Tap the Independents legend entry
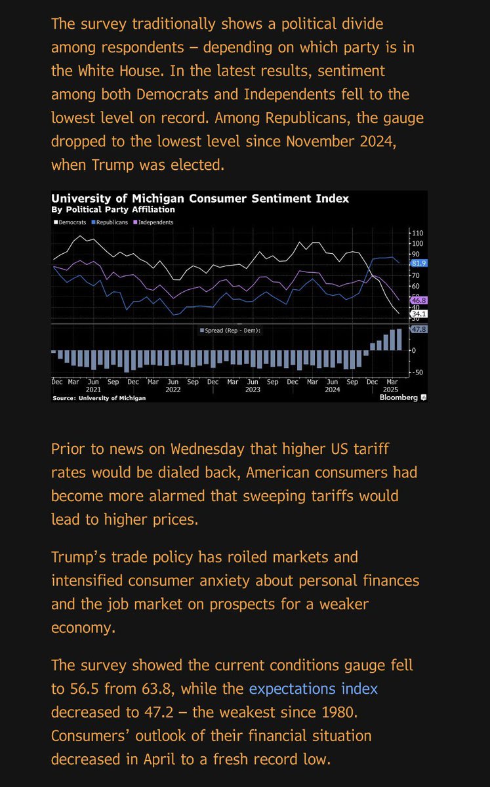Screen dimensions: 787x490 click(155, 222)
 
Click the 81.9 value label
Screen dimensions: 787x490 click(419, 263)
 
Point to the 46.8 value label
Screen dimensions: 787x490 click(419, 300)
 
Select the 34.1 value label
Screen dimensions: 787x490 click(419, 313)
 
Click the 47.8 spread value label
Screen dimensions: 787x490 click(419, 329)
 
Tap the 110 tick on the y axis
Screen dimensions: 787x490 click(418, 233)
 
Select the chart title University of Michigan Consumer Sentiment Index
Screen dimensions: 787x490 click(200, 198)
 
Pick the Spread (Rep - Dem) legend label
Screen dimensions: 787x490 click(233, 331)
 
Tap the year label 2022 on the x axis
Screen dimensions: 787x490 click(173, 389)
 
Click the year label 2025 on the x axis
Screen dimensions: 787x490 click(392, 389)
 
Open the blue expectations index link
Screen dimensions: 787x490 click(314, 688)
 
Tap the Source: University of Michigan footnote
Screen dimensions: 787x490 click(99, 398)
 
